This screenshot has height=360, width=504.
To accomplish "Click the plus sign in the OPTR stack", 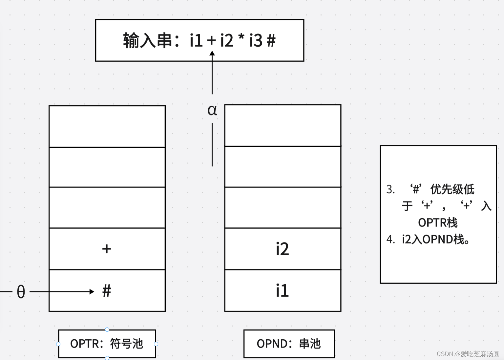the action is point(107,249).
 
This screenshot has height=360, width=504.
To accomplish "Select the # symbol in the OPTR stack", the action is point(107,291).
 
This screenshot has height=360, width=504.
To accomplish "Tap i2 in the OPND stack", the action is point(282,249).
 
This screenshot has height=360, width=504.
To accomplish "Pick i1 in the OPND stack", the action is point(282,291).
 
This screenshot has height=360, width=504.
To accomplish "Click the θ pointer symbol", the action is point(21,291).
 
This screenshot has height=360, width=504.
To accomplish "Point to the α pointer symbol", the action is point(212,110).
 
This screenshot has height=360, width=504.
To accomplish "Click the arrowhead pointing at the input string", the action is point(212,53).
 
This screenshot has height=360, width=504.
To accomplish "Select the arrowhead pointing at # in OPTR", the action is point(92,291).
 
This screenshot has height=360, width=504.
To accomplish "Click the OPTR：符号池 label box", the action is point(107,344).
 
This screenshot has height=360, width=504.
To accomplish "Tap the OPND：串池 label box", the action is point(289,344).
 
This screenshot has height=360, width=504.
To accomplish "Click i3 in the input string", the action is point(256,41).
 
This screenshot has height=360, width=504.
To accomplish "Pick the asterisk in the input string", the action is point(241,38).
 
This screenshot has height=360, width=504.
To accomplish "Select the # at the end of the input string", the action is point(271,41).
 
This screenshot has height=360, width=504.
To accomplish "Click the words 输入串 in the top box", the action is point(148,41).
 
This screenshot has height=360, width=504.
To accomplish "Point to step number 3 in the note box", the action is point(390,189).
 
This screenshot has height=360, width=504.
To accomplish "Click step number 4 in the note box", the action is point(390,239).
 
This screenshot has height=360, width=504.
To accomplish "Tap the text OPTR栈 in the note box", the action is point(438,222).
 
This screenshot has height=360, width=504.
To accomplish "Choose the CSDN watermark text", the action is point(468,354).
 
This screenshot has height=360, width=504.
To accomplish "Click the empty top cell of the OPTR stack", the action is point(107,126).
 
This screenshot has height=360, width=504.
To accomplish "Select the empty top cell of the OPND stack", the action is point(283,125).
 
